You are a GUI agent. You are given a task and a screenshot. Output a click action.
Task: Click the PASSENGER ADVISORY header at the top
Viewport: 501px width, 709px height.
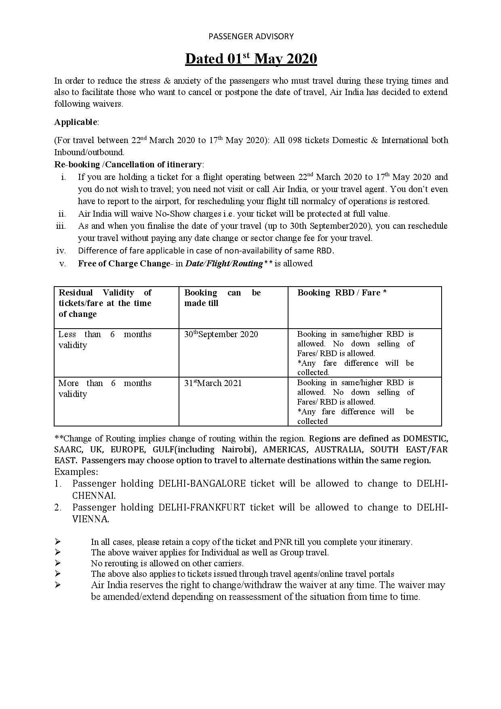coord(251,36)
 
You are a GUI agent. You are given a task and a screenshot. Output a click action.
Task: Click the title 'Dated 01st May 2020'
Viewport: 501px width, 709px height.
coord(251,59)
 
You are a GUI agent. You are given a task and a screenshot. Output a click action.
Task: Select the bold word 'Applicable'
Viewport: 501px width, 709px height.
coord(76,122)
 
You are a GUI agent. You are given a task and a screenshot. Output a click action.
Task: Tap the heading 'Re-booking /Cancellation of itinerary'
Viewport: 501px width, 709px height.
coord(128,165)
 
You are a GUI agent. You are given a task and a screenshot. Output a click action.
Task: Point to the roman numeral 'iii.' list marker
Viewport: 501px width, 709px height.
coord(61,226)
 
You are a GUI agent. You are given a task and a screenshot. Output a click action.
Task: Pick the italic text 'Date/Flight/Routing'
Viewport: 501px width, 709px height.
coord(224,264)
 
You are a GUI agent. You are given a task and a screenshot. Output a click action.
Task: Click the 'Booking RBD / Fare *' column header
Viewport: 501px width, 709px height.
coord(342,293)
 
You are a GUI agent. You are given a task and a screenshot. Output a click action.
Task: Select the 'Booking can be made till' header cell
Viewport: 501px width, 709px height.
coord(222,298)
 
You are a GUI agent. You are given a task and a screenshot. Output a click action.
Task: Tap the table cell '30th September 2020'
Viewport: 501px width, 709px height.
coord(221,334)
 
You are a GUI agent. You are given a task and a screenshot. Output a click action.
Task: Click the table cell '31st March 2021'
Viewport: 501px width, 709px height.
coord(213,383)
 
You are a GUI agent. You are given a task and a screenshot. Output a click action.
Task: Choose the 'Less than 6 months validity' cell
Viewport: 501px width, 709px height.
coord(105,340)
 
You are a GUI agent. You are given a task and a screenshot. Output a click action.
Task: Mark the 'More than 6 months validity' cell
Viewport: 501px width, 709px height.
coord(105,388)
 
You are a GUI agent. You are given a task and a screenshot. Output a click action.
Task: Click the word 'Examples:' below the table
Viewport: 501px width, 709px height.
coord(76,472)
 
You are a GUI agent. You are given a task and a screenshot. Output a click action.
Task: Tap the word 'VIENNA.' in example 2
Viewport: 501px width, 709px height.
coord(91,519)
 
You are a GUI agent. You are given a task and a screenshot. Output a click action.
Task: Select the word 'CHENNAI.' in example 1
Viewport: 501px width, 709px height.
coord(94,496)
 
